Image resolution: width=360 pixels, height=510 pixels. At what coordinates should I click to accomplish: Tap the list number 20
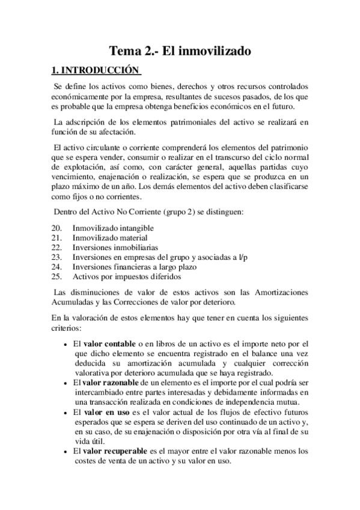pyautogui.click(x=56, y=229)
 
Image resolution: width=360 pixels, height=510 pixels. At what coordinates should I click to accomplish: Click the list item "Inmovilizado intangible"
pyautogui.click(x=113, y=229)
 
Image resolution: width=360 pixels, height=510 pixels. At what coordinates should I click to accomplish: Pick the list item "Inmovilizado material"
pyautogui.click(x=111, y=238)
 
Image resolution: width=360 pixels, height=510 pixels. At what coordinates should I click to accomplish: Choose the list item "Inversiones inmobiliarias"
pyautogui.click(x=115, y=247)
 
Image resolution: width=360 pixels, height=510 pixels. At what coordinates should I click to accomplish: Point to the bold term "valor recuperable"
pyautogui.click(x=112, y=451)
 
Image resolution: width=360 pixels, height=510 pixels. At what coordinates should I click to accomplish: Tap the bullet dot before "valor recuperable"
pyautogui.click(x=65, y=452)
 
